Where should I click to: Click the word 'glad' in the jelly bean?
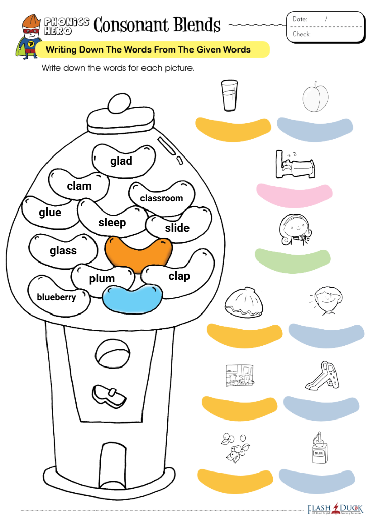click(121, 161)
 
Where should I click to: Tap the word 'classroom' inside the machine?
click(162, 198)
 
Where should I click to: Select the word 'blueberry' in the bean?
click(56, 297)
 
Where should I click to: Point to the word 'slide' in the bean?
click(177, 228)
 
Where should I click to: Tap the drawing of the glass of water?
click(229, 95)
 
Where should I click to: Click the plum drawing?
click(315, 96)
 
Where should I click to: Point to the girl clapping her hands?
click(295, 230)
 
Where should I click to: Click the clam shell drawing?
click(244, 302)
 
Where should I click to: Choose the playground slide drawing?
click(322, 376)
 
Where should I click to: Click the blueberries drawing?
click(235, 448)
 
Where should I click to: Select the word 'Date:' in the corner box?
click(300, 19)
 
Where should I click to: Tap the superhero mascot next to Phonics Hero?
click(29, 37)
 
